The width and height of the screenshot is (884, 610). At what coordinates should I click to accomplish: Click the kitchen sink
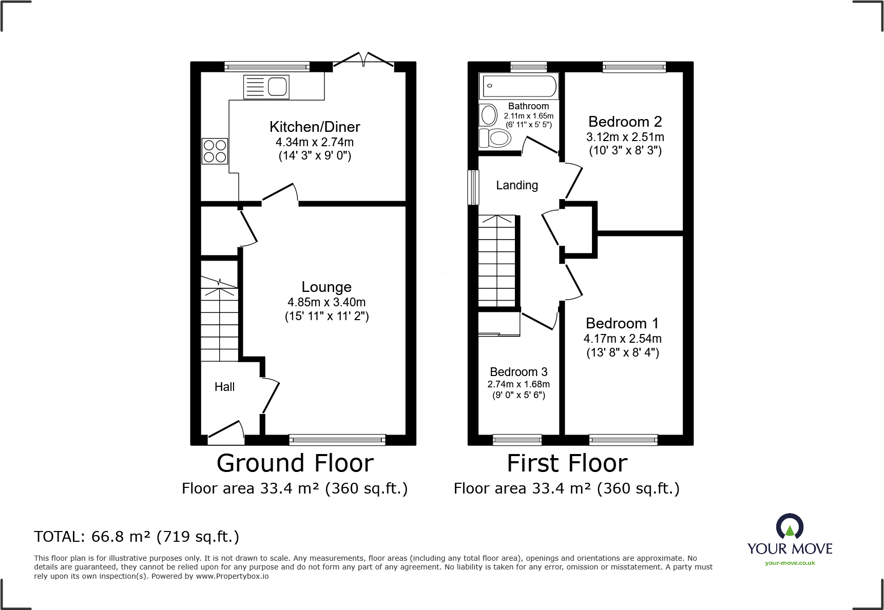pyautogui.click(x=266, y=86)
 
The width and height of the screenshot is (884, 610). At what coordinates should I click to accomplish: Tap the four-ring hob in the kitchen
pyautogui.click(x=215, y=151)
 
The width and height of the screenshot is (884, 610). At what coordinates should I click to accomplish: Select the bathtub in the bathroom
pyautogui.click(x=518, y=86)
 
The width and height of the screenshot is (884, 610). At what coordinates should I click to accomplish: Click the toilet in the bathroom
pyautogui.click(x=495, y=138)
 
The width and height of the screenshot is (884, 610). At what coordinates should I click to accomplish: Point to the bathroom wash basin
pyautogui.click(x=488, y=115)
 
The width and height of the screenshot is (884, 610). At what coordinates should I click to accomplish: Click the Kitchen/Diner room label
pyautogui.click(x=315, y=127)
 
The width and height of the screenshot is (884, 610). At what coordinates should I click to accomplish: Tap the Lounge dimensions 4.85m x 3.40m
pyautogui.click(x=326, y=302)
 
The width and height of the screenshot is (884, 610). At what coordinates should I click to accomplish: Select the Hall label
pyautogui.click(x=224, y=387)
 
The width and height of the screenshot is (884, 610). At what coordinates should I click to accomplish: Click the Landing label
pyautogui.click(x=517, y=185)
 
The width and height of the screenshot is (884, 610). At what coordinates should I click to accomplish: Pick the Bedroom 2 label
pyautogui.click(x=625, y=122)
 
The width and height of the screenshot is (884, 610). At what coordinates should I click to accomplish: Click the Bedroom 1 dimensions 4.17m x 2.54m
pyautogui.click(x=622, y=339)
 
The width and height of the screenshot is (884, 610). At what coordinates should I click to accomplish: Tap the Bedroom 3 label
pyautogui.click(x=518, y=372)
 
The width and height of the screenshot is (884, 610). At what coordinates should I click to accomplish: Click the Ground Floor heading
pyautogui.click(x=295, y=463)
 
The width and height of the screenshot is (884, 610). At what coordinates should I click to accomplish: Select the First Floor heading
pyautogui.click(x=567, y=463)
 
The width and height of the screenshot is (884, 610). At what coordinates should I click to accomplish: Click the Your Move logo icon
pyautogui.click(x=790, y=526)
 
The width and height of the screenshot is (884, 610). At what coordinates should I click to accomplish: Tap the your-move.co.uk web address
pyautogui.click(x=790, y=563)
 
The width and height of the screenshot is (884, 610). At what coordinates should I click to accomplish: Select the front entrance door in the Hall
pyautogui.click(x=226, y=432)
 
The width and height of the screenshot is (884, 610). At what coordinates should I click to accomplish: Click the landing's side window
pyautogui.click(x=473, y=187)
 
